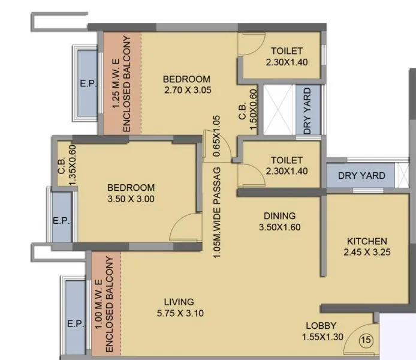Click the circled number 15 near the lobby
click(366, 341)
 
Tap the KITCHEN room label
click(367, 247)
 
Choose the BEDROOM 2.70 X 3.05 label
click(187, 85)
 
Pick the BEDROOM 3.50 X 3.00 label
click(131, 193)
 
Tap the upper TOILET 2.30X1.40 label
click(286, 56)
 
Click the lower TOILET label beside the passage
click(286, 166)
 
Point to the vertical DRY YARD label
click(308, 112)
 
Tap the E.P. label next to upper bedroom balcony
click(88, 85)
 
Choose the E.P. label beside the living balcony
click(76, 324)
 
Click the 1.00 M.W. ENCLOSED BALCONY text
click(105, 304)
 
